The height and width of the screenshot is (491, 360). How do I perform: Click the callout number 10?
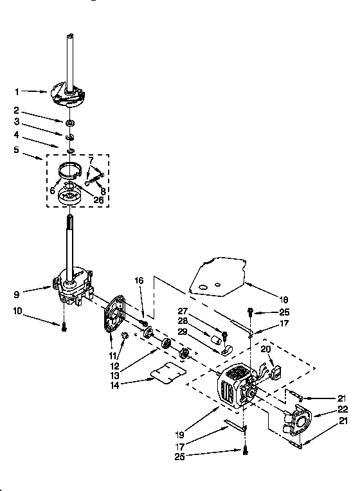pos(18,312)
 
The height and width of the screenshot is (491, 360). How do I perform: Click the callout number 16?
pos(139,281)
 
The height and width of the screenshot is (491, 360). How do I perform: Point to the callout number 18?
pos(283,299)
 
